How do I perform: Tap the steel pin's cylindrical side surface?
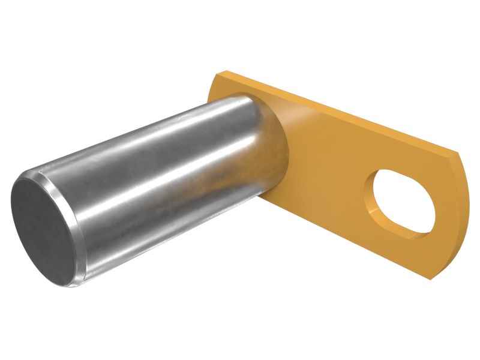click(168, 180)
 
